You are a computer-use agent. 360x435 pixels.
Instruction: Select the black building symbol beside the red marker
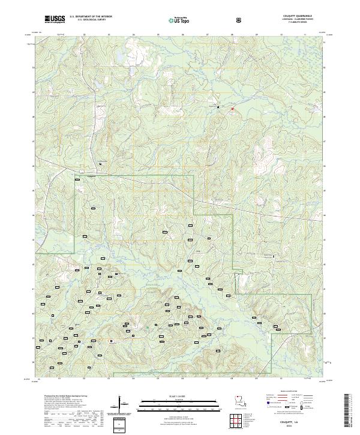tap(217, 107)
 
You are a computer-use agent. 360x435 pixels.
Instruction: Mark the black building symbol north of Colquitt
tap(101, 164)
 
